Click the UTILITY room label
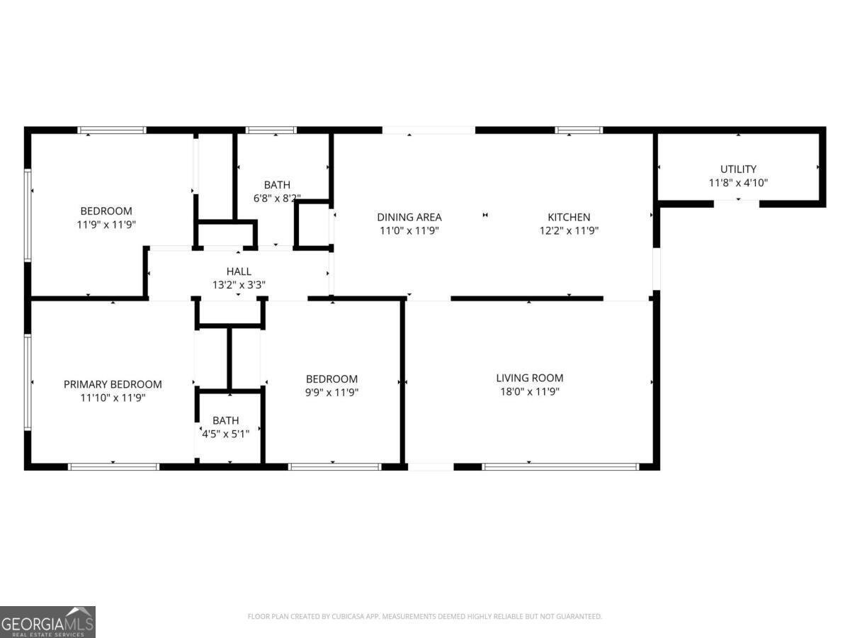(x=738, y=169)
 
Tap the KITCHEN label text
(x=568, y=217)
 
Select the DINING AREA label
(x=409, y=217)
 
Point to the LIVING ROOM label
(x=529, y=378)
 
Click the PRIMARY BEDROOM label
(x=113, y=384)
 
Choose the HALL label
(x=238, y=272)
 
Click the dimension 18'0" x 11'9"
(x=529, y=391)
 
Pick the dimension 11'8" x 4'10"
(x=738, y=182)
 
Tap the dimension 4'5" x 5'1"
(x=226, y=434)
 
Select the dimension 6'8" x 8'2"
(x=277, y=198)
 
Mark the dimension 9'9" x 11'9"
(x=331, y=392)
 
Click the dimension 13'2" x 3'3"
(x=238, y=285)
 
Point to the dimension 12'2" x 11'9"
(x=568, y=230)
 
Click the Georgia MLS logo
(x=47, y=622)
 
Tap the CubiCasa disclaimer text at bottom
(x=424, y=617)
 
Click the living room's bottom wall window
(x=560, y=466)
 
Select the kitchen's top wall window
(x=579, y=130)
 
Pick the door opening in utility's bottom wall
(x=737, y=203)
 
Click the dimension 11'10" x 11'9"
(x=113, y=398)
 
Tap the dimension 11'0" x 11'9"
(x=409, y=230)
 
